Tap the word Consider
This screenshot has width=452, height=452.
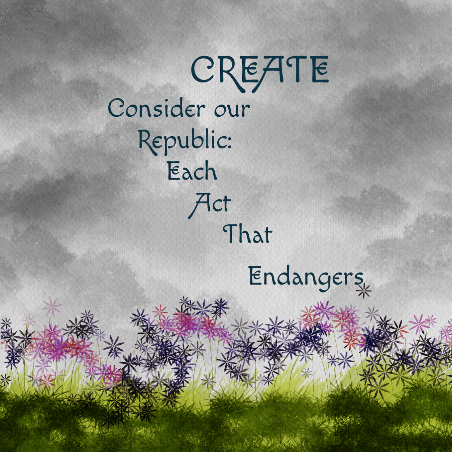pyautogui.click(x=157, y=108)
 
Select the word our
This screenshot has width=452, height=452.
pyautogui.click(x=232, y=109)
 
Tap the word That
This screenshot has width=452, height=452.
pyautogui.click(x=248, y=234)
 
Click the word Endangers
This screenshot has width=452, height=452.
pyautogui.click(x=306, y=278)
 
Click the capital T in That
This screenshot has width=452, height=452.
pyautogui.click(x=231, y=233)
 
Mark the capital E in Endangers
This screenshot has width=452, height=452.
pyautogui.click(x=256, y=276)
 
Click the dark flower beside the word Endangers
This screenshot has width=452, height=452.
pyautogui.click(x=364, y=291)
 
